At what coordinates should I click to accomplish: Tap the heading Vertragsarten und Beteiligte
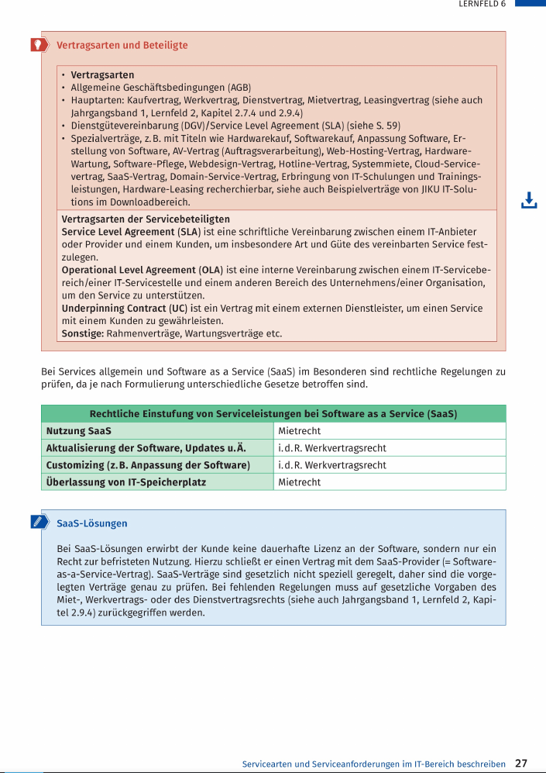pyautogui.click(x=122, y=45)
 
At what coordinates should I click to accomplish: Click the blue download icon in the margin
pyautogui.click(x=529, y=201)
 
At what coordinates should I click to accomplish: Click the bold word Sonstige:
pyautogui.click(x=83, y=333)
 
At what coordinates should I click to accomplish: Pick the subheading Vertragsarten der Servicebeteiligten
pyautogui.click(x=146, y=219)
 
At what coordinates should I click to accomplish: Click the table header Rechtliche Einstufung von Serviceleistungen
pyautogui.click(x=273, y=414)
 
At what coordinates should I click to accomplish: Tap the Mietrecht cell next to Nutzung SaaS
pyautogui.click(x=300, y=431)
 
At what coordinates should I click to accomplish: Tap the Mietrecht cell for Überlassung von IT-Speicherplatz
pyautogui.click(x=300, y=482)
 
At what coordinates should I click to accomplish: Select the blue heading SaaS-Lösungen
pyautogui.click(x=91, y=523)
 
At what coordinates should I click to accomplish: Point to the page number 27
pyautogui.click(x=521, y=763)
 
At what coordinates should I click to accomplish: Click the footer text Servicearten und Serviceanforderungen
pyautogui.click(x=374, y=764)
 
